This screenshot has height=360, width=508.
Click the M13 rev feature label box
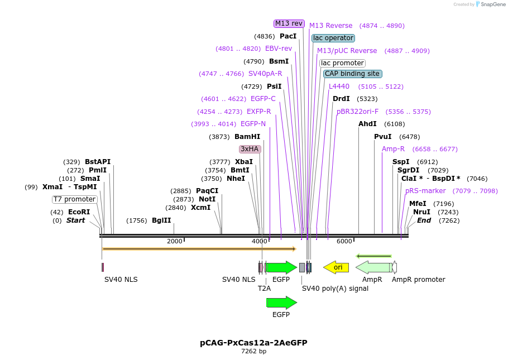click(x=289, y=23)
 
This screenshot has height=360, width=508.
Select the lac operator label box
click(x=333, y=38)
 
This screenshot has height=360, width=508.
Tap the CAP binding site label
click(x=353, y=74)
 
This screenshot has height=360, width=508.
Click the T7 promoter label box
click(x=75, y=199)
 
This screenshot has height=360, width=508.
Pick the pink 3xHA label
click(x=250, y=149)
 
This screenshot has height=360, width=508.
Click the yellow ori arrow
click(x=337, y=267)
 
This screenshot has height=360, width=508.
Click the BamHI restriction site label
click(x=247, y=137)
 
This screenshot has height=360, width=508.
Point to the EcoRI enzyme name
click(x=79, y=212)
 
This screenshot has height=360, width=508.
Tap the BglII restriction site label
click(x=161, y=220)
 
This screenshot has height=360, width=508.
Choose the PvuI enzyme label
click(x=383, y=137)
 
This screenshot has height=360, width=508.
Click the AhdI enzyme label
click(x=367, y=124)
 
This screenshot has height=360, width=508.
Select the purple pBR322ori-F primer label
click(x=357, y=112)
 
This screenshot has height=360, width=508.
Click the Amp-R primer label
click(x=393, y=149)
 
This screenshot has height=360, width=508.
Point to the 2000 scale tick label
click(x=175, y=241)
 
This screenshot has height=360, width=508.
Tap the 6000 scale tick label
click(x=344, y=241)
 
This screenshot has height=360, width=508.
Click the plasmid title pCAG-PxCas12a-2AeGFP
click(x=253, y=343)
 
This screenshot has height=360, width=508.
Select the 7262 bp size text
click(x=253, y=352)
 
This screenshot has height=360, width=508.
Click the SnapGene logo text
click(x=493, y=4)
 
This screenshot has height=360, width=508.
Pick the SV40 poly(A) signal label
click(x=335, y=289)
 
